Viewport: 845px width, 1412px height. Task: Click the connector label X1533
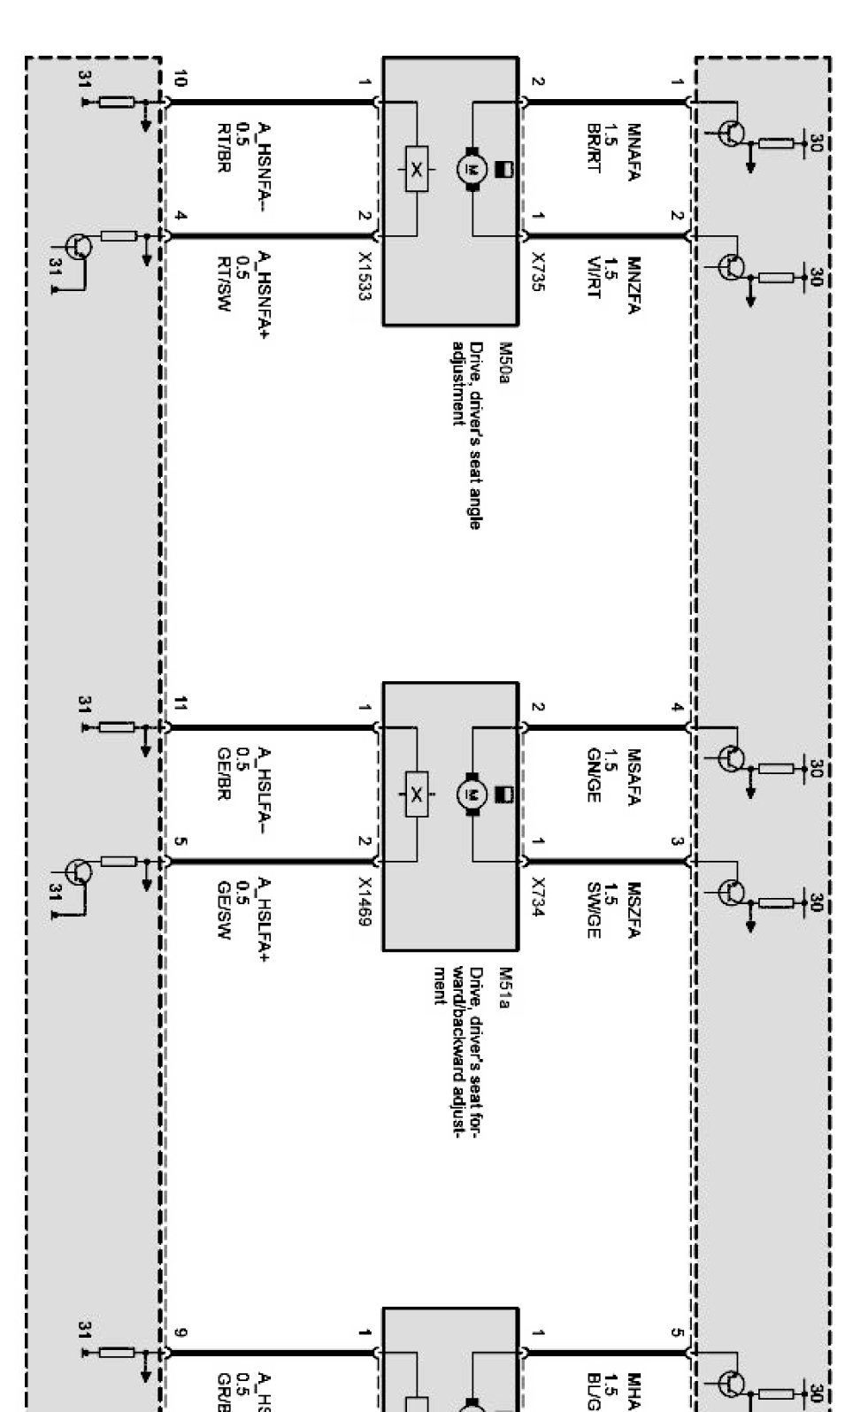point(364,277)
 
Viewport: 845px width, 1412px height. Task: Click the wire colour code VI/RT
point(594,279)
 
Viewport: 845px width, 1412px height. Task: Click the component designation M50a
point(506,360)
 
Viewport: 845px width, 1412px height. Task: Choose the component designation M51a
point(506,984)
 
